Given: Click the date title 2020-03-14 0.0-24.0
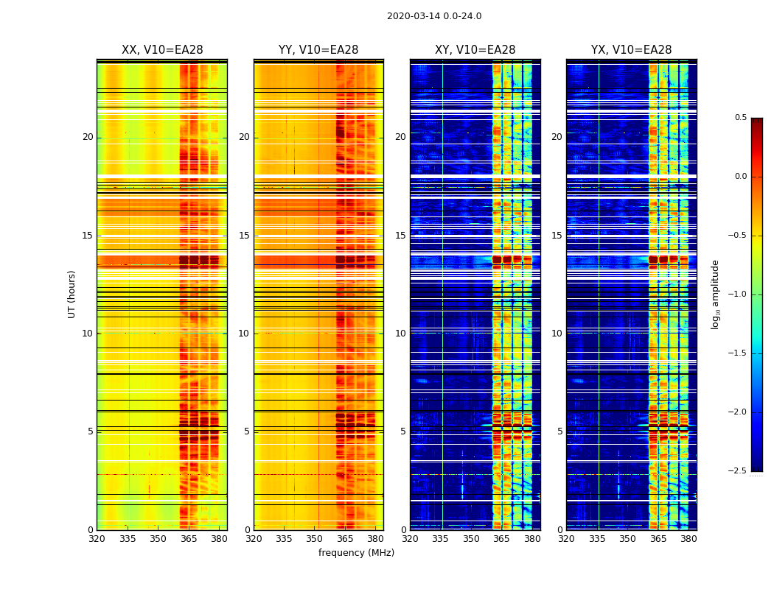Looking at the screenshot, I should point(434,16).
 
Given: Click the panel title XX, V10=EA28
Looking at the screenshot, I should point(162,50).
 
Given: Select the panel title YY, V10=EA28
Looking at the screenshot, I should point(318,50).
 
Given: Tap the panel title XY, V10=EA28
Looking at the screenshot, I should point(475,50).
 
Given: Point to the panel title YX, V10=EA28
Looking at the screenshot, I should point(631,50).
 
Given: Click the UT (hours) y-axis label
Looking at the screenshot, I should point(72,294).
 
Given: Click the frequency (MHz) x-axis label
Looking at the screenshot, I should point(356,553).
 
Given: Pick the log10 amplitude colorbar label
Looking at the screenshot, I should point(714,294).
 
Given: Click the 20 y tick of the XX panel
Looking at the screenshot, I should point(88,137).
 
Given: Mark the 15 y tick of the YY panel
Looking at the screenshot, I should point(244,236).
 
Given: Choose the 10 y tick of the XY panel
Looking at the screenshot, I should point(400,334).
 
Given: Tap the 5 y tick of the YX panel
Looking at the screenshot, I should point(559,431).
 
